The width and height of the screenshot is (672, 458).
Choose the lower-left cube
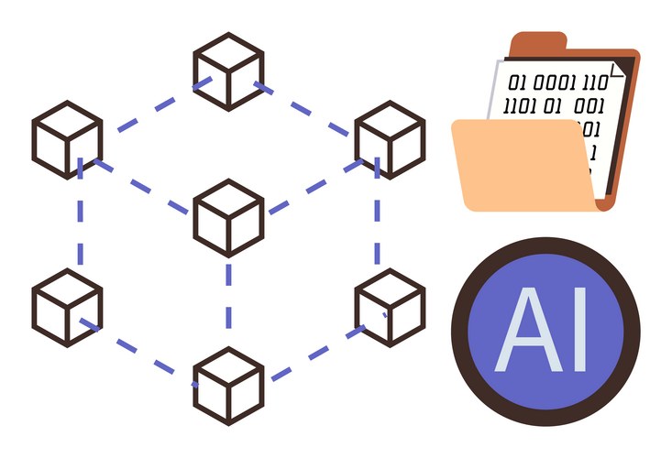[67, 306]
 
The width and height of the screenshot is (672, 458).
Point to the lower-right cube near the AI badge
[390, 306]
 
